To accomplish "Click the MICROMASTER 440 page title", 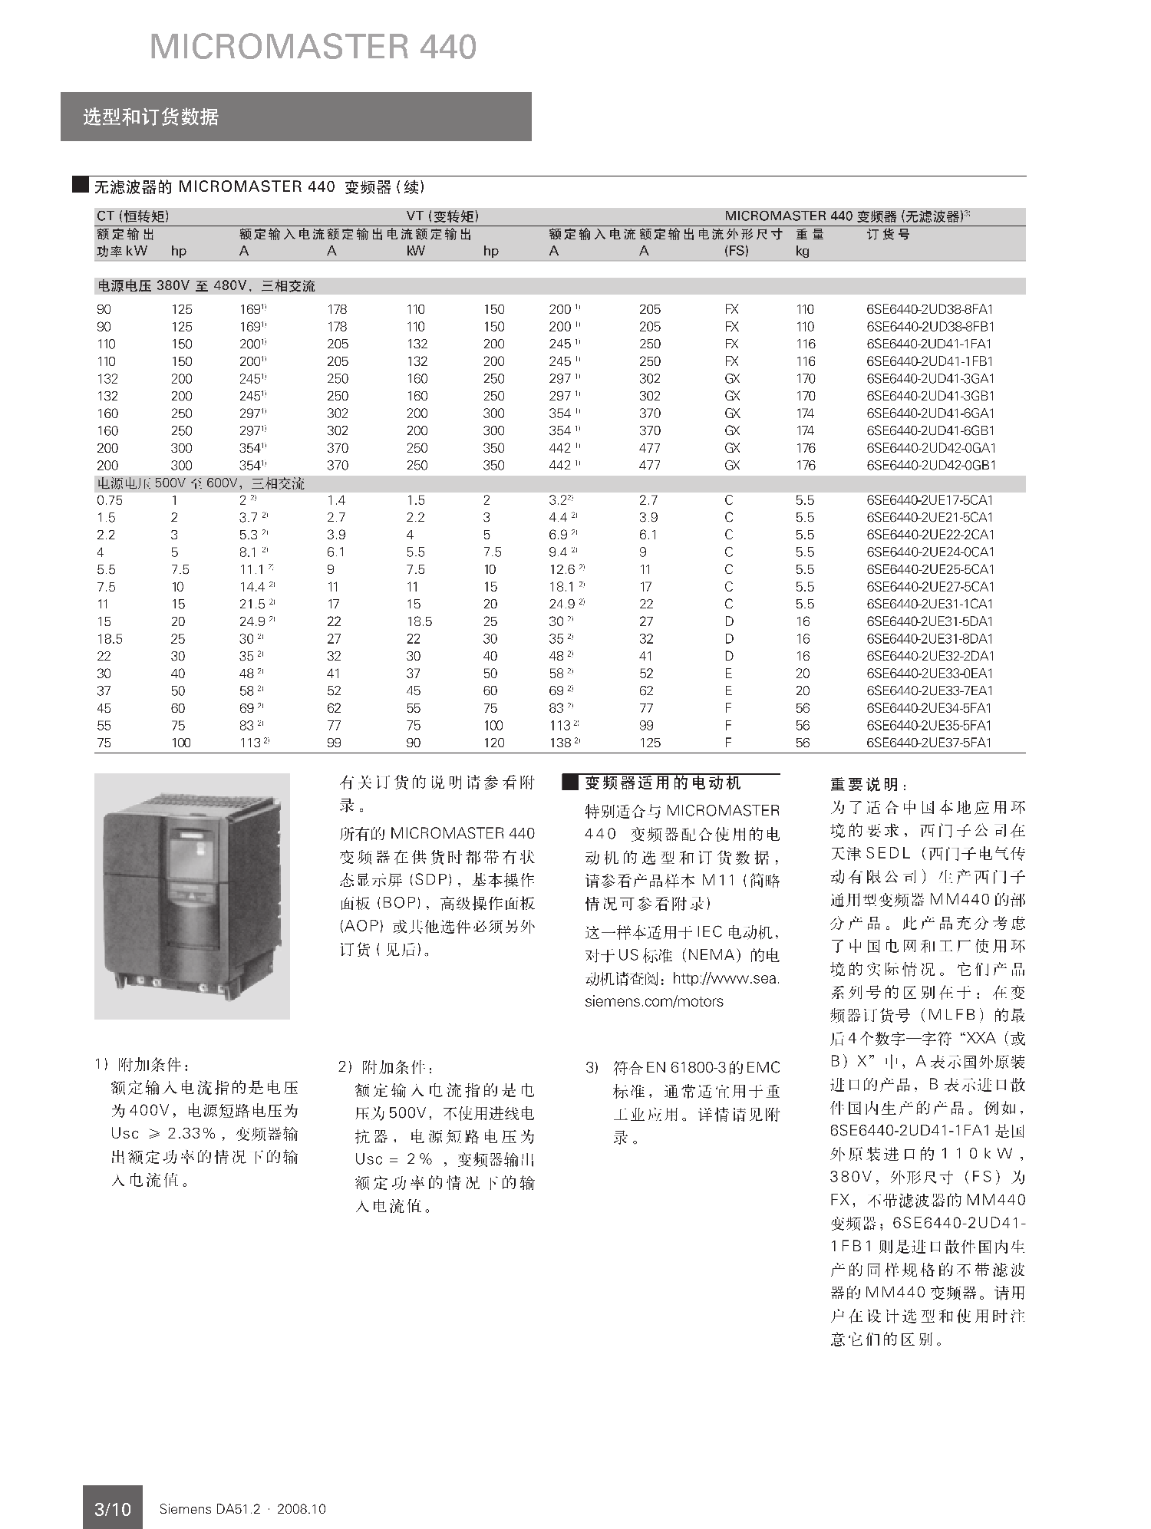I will pos(313,47).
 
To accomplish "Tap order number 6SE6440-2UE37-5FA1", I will pos(929,743).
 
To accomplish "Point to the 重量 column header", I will pos(810,234).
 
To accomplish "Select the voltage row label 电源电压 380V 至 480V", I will pos(205,286).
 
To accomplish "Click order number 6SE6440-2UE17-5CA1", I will pos(929,500).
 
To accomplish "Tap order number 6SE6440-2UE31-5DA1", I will pos(929,621).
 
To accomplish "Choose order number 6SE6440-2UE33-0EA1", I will pos(929,674).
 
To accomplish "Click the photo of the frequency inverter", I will pos(192,896).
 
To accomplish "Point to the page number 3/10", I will pos(112,1509).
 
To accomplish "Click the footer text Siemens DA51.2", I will pos(209,1509).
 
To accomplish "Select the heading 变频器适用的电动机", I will pos(662,783).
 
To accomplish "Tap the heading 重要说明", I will pos(869,785).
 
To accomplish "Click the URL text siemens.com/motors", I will pos(654,1001).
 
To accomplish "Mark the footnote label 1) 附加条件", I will pos(141,1065).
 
